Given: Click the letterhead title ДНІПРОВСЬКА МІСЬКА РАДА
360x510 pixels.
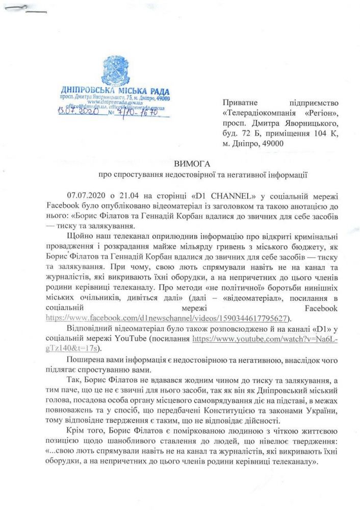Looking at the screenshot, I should tap(115, 90).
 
